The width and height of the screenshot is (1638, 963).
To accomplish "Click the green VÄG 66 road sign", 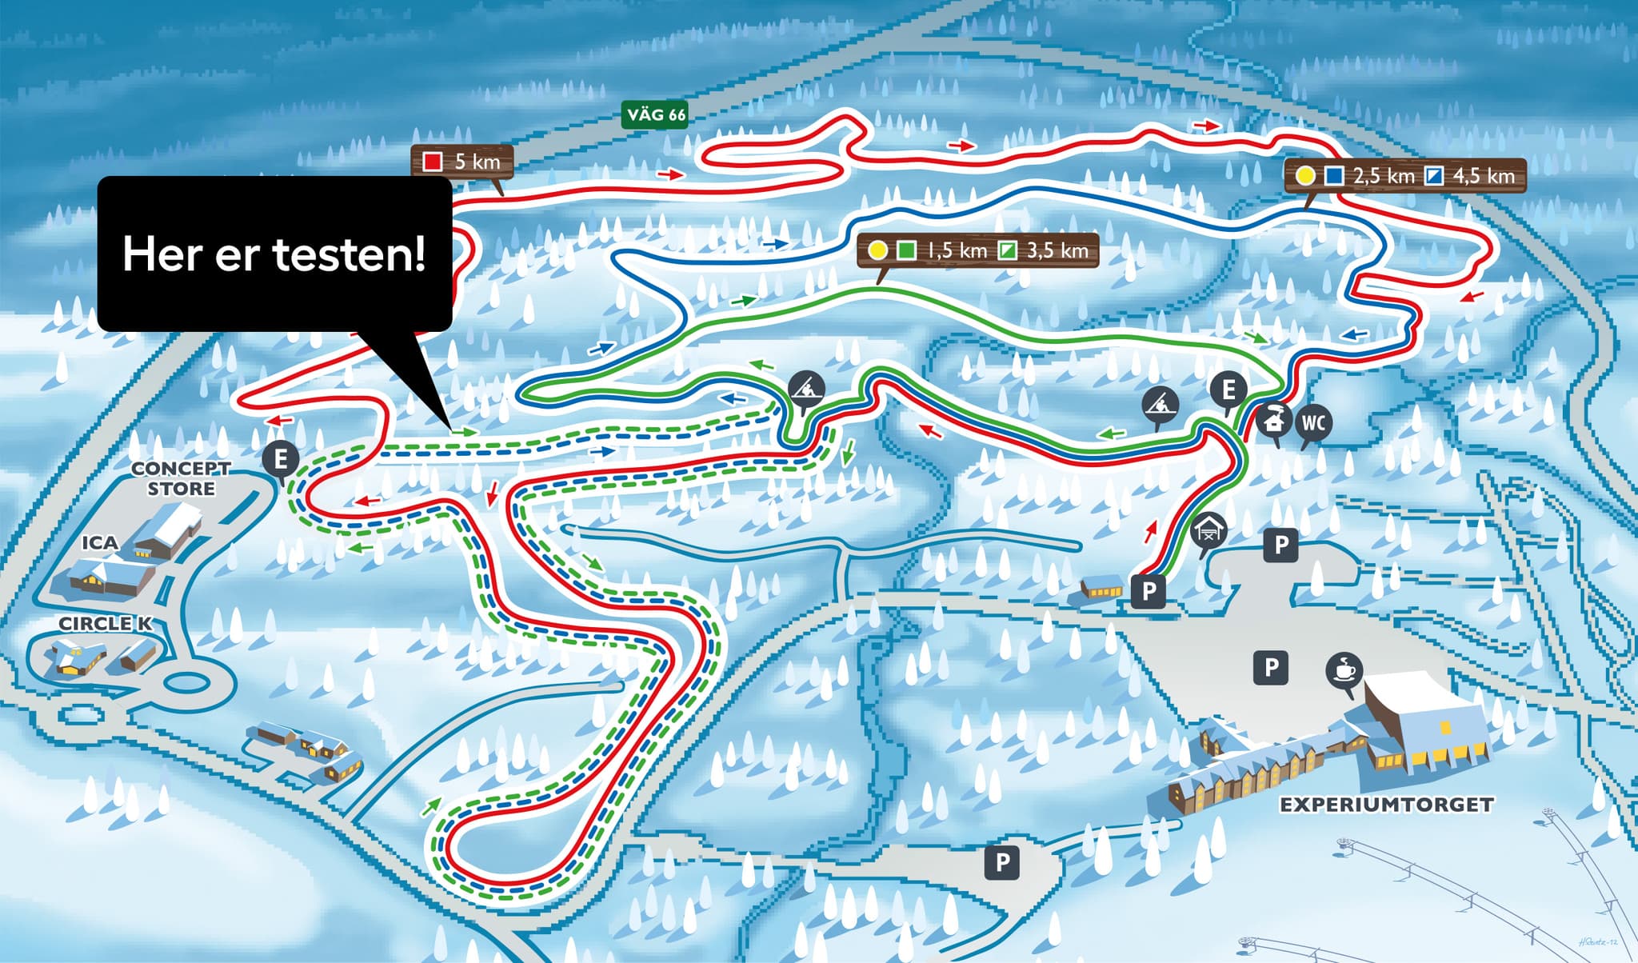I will tap(655, 114).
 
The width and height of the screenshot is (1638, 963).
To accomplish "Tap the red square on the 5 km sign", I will tap(433, 162).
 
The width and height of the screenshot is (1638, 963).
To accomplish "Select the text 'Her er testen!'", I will tap(274, 254).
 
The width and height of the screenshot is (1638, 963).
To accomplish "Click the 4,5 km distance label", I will tap(1484, 176).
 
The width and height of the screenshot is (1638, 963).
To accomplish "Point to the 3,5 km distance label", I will tap(1057, 250).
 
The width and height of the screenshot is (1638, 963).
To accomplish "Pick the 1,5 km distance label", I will tap(957, 250).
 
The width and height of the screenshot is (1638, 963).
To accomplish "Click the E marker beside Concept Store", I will tap(281, 460).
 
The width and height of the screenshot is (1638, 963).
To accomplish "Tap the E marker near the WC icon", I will tap(1228, 390).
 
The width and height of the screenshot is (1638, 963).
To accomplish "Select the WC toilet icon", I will tap(1313, 422).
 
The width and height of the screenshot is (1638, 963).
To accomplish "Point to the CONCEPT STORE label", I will tap(181, 478).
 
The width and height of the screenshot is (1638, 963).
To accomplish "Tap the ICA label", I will tap(100, 543).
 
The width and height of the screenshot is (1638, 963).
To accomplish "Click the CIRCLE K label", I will tap(105, 624).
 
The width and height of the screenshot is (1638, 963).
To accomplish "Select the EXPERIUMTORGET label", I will tap(1386, 805).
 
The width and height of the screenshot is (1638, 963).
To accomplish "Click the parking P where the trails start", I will tap(1149, 591).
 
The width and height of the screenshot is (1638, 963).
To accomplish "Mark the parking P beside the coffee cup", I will tap(1271, 666).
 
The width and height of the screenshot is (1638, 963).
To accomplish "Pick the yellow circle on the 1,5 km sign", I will tap(878, 250).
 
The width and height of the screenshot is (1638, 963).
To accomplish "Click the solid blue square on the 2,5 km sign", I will tap(1333, 176).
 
